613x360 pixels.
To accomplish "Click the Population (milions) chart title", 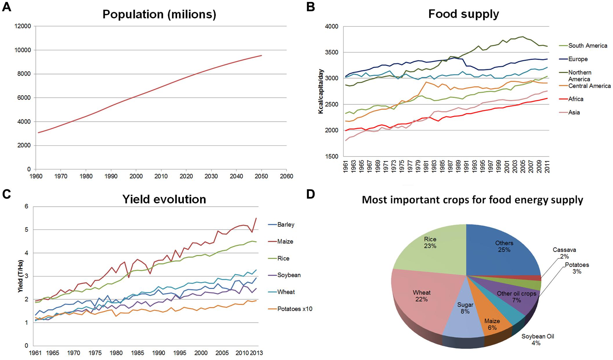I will coord(159,14).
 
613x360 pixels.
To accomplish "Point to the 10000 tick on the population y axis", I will coord(23,50).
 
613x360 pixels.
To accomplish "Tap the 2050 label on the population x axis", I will coord(261,176).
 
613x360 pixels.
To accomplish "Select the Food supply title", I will coord(463,14).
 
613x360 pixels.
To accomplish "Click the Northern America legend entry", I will coord(580,76).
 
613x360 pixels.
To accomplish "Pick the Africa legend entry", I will coord(576,99).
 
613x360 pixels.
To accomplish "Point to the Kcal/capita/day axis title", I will coord(321,91).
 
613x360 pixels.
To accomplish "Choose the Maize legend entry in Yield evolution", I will coord(285,241).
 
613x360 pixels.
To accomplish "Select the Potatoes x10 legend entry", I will coord(295,309).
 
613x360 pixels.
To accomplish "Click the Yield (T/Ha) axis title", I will coord(21,276).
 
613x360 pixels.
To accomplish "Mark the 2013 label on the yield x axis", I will coord(256,353).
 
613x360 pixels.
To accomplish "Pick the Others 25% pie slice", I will coord(504,249).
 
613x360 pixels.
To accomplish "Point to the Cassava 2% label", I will coord(564,253).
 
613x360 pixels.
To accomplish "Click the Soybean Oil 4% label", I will coord(538,340).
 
